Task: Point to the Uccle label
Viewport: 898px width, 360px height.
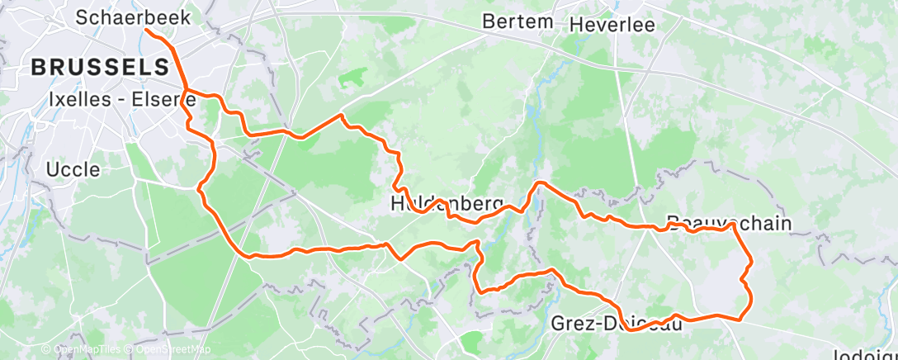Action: click(73, 169)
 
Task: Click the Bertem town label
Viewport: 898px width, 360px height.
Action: click(518, 21)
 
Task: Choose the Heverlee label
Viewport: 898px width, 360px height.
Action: click(612, 24)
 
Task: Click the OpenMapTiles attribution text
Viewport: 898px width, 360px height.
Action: click(88, 349)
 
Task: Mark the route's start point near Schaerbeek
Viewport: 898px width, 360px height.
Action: click(147, 31)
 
